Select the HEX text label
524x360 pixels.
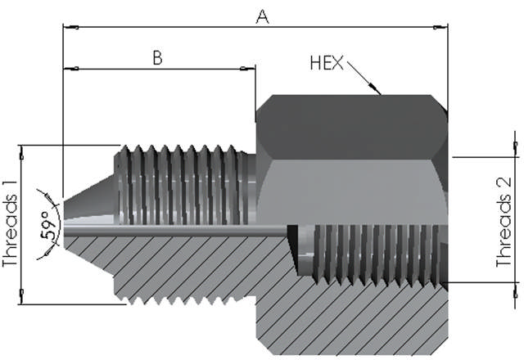tap(327, 62)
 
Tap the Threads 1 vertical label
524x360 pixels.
tap(11, 225)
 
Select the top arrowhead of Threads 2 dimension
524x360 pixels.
tap(516, 148)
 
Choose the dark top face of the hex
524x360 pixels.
tap(352, 127)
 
